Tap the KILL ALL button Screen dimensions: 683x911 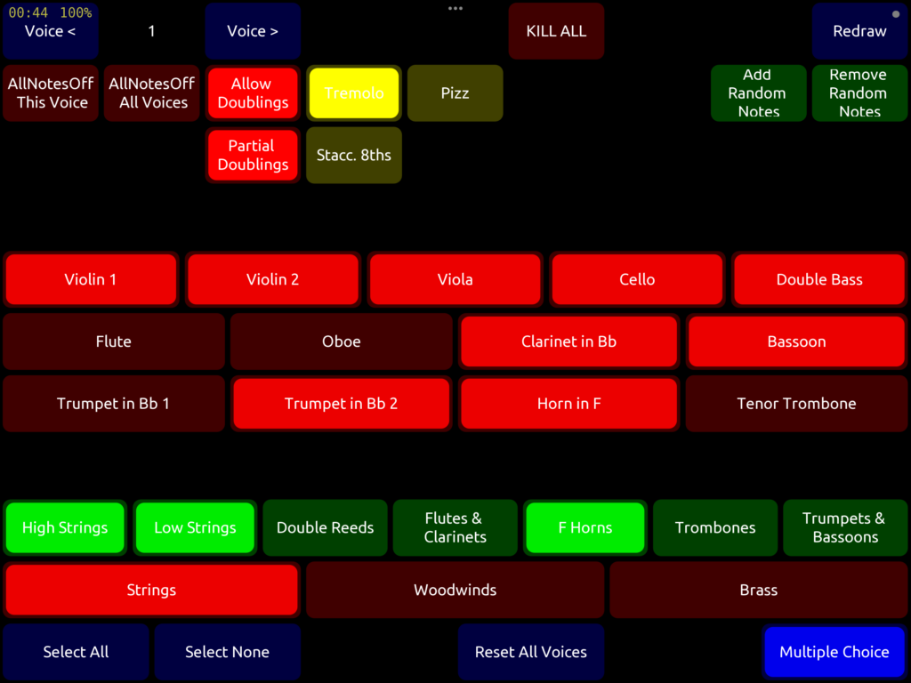point(556,31)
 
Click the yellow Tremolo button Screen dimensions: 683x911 point(354,93)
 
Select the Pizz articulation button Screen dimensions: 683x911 point(455,93)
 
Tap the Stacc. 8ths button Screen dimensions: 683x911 point(354,156)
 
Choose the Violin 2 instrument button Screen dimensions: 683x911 point(272,279)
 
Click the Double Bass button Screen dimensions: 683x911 point(819,279)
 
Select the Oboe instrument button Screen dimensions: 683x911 point(342,341)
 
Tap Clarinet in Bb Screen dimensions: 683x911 point(568,341)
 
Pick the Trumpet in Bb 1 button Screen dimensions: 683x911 point(113,404)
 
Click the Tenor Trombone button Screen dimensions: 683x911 point(796,404)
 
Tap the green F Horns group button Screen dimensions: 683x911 point(585,527)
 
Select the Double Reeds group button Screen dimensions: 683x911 point(325,527)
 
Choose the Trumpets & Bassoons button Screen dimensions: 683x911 point(845,527)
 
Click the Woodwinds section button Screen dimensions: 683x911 point(455,590)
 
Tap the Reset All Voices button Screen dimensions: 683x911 point(531,652)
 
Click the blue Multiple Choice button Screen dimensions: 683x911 point(834,652)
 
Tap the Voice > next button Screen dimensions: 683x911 point(253,31)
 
